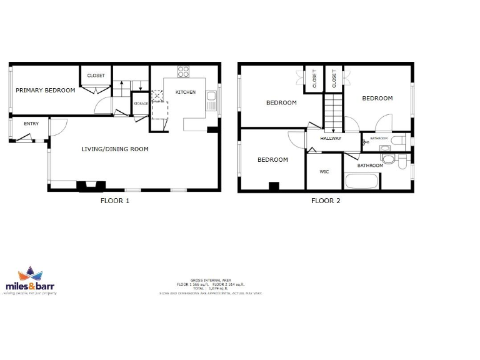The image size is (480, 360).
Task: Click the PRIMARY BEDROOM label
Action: (45, 90)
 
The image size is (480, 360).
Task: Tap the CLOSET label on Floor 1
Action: (96, 76)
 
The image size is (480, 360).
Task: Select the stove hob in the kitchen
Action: (184, 72)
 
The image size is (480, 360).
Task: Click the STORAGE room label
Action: (141, 103)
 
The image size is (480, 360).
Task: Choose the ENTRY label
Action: (31, 124)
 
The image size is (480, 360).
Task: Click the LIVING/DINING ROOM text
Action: (115, 149)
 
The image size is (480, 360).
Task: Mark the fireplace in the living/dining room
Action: (87, 185)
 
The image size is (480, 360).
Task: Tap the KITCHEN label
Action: (185, 92)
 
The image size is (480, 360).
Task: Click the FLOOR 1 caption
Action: (115, 201)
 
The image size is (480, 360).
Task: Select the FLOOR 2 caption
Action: (326, 201)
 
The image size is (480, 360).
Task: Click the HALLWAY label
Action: (331, 138)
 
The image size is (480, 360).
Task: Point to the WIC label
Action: (324, 171)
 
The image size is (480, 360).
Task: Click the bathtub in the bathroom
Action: (361, 182)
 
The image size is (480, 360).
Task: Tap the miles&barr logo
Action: (31, 282)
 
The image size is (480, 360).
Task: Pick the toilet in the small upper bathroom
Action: (397, 141)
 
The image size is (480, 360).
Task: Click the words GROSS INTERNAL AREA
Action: (210, 281)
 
